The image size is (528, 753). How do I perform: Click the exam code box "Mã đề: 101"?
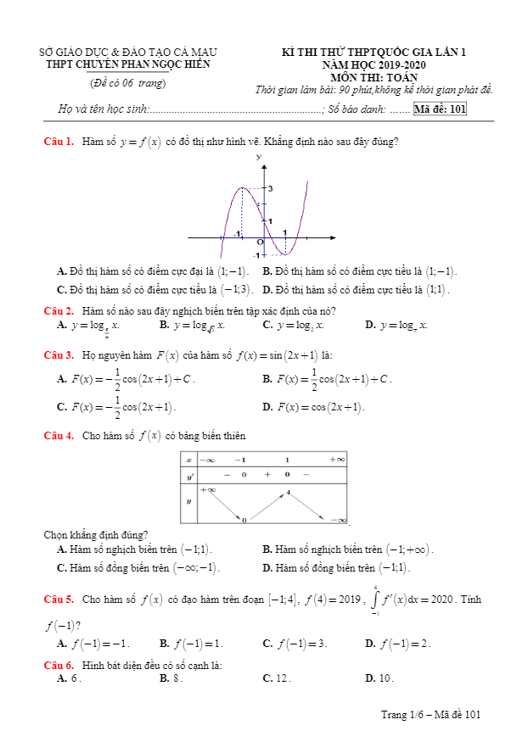click(x=440, y=109)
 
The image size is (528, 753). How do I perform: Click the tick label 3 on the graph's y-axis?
click(x=270, y=188)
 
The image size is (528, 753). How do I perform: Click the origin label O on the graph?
click(x=260, y=242)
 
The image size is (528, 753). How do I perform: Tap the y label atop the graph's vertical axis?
click(x=258, y=158)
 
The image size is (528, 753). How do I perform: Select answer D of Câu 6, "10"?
click(x=385, y=678)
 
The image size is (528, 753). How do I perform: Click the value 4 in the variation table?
click(x=289, y=492)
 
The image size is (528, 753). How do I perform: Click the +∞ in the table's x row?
click(x=337, y=459)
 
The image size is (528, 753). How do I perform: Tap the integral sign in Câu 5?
click(x=375, y=600)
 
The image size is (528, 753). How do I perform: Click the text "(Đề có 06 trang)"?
click(x=128, y=82)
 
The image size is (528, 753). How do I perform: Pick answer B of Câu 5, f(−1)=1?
click(x=194, y=644)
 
